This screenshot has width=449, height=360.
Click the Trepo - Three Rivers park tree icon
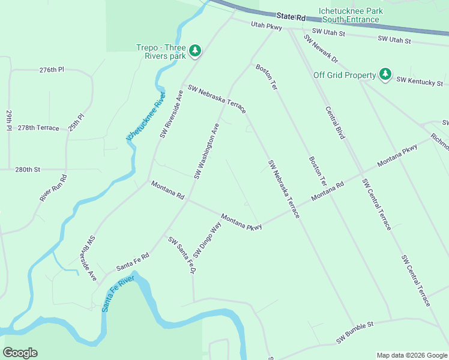(x=194, y=51)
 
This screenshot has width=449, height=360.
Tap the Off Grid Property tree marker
(x=385, y=75)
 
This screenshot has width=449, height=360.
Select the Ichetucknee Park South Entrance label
(x=351, y=15)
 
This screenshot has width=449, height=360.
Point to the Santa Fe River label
(x=117, y=294)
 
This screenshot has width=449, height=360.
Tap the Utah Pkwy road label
(x=267, y=26)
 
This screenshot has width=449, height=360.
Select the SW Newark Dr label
(x=321, y=49)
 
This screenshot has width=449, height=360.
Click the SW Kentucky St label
(x=420, y=81)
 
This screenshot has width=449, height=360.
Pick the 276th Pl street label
(x=52, y=70)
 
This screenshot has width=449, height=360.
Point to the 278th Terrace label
(x=38, y=128)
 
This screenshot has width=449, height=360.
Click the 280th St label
(x=28, y=170)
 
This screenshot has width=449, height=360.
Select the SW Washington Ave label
(x=206, y=151)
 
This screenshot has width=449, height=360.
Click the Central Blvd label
(x=335, y=123)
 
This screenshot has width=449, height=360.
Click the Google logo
(x=20, y=353)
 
